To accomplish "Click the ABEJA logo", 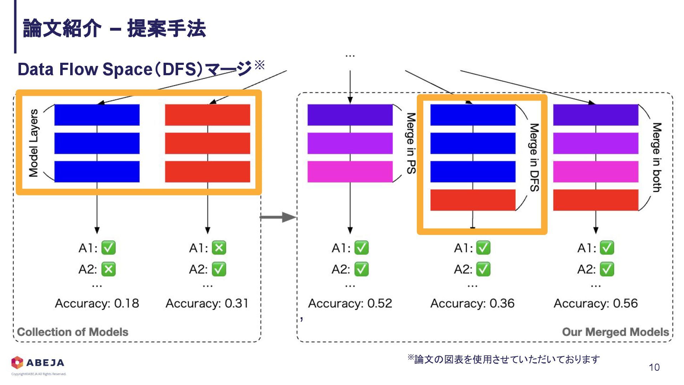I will coord(38,363).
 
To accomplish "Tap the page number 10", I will coord(654,368).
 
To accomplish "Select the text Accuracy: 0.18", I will coord(97,303).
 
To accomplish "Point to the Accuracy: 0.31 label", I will coord(207,303).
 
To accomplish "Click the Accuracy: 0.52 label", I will coord(350,303).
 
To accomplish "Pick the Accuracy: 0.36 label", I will coord(472,303).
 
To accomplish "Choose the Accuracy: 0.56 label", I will coord(596,303).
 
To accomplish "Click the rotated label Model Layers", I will coord(33,143).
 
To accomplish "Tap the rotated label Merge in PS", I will coord(411,143).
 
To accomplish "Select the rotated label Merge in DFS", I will coord(534,157).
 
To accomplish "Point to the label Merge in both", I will coord(657,157).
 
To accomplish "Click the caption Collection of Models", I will coord(73,332).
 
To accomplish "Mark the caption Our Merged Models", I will coord(615,332).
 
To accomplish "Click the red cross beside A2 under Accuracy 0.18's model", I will coord(108,269).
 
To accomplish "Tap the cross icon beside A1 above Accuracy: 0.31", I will coord(219,248).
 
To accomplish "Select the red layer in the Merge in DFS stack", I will coord(473,200).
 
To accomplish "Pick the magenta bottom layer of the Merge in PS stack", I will coord(350,171).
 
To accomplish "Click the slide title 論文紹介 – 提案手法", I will coord(114,29).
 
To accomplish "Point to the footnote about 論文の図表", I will coord(504,359).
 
